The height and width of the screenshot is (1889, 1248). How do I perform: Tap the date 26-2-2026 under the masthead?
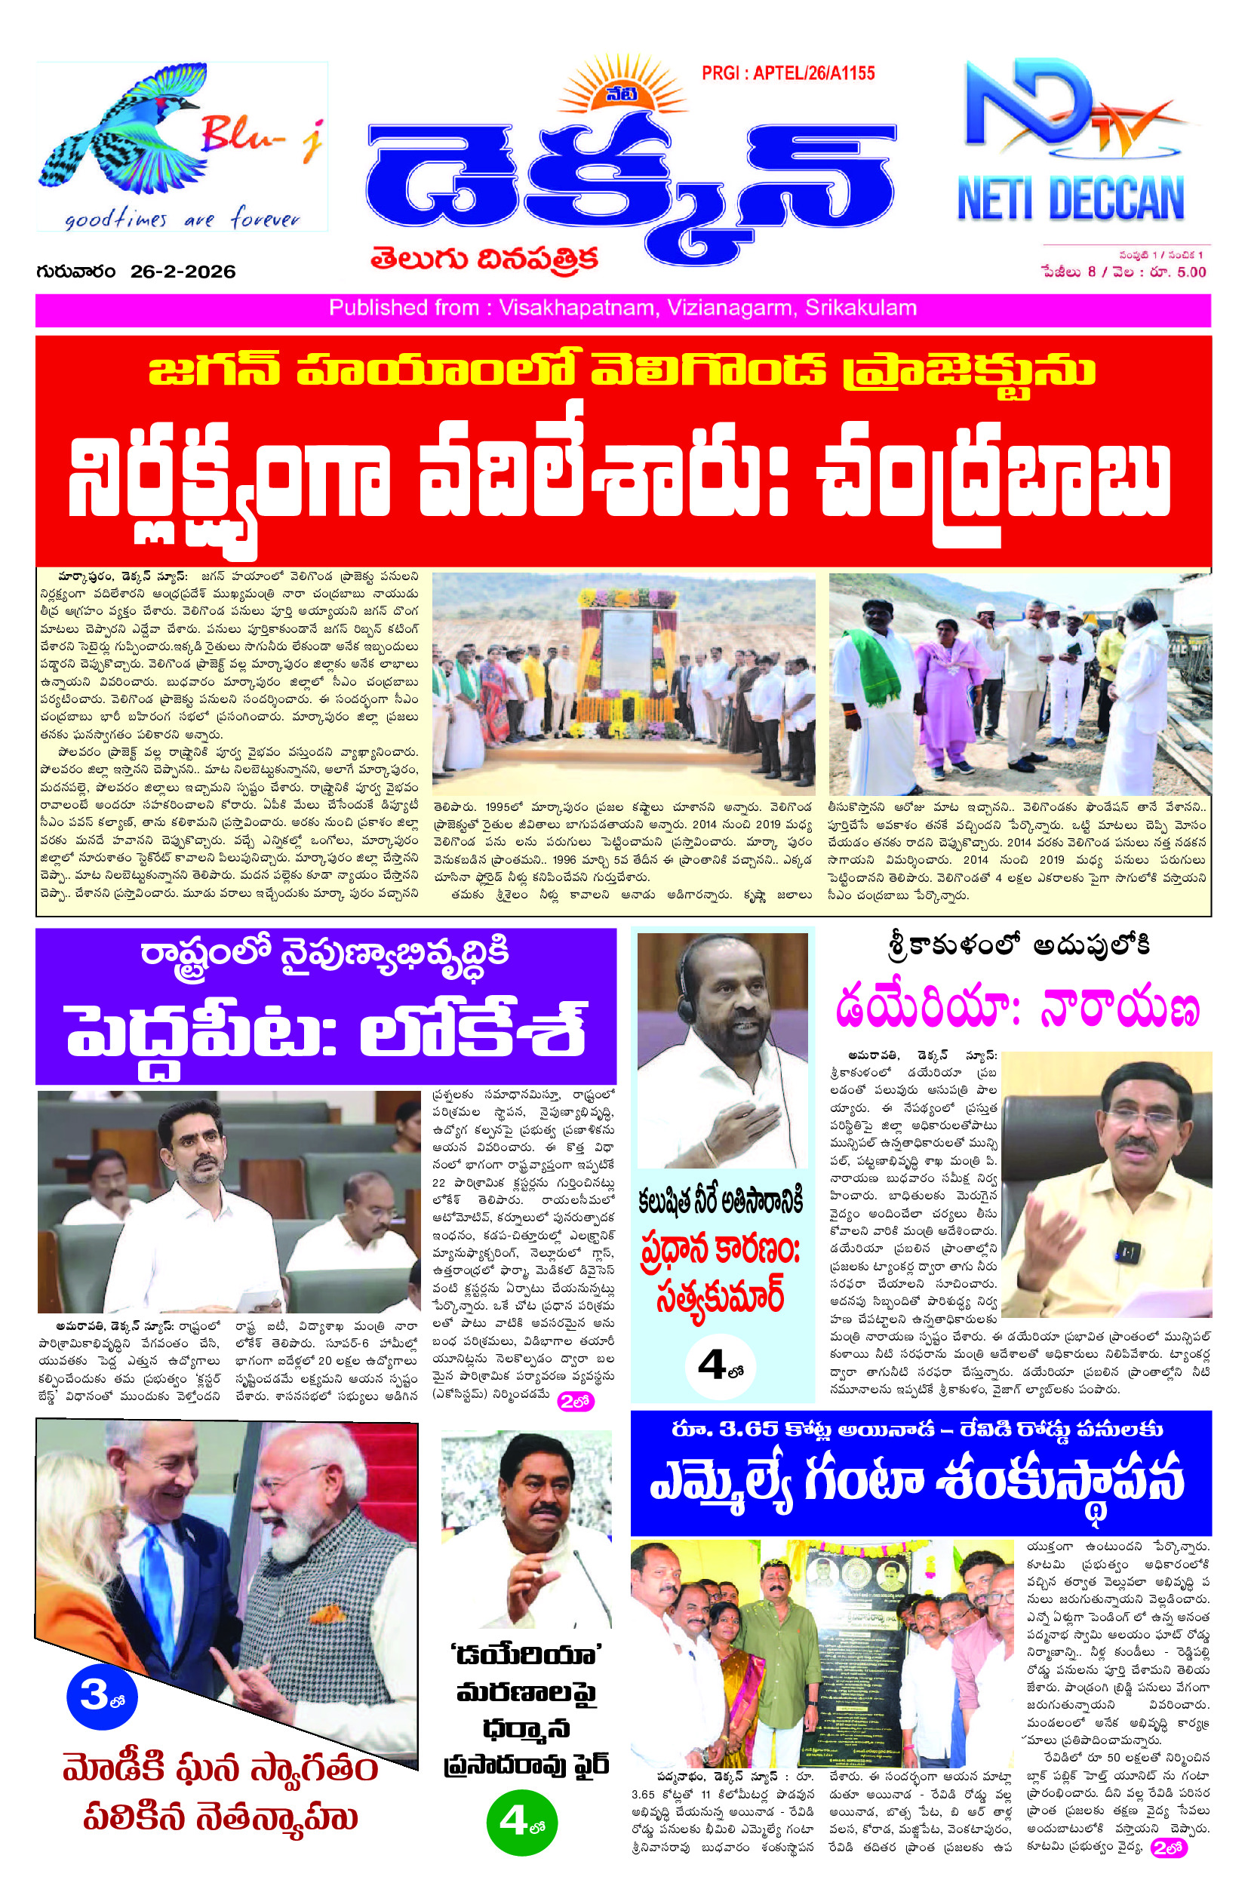pos(183,272)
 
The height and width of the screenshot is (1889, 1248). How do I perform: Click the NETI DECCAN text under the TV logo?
pos(1071,201)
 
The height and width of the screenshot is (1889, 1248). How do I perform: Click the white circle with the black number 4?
pos(721,1366)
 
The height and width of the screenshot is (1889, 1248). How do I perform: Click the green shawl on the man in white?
pos(875,660)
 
